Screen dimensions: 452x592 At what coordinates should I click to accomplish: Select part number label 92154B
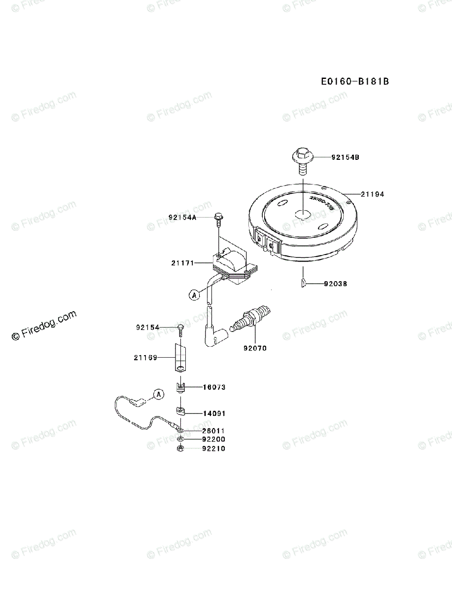tap(345, 158)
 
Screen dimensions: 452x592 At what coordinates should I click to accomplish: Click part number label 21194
tap(372, 194)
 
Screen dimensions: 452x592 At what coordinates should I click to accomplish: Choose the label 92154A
tap(182, 217)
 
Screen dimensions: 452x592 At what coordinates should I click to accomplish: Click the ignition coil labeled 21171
tap(232, 266)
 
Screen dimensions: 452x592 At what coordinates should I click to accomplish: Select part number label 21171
tap(182, 264)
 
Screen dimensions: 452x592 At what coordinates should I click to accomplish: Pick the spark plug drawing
tap(251, 318)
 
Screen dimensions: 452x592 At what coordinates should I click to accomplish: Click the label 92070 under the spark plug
tap(255, 348)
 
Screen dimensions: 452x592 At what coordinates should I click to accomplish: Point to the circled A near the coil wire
tap(194, 295)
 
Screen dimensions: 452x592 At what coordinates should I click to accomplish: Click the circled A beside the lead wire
tap(158, 394)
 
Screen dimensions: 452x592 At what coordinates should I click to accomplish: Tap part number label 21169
tap(145, 358)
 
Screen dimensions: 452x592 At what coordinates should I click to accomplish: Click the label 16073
tap(214, 387)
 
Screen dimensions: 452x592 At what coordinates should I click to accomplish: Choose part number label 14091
tap(214, 413)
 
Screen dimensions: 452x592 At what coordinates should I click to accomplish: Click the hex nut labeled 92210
tap(181, 448)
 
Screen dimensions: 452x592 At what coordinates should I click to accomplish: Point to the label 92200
tap(213, 439)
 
